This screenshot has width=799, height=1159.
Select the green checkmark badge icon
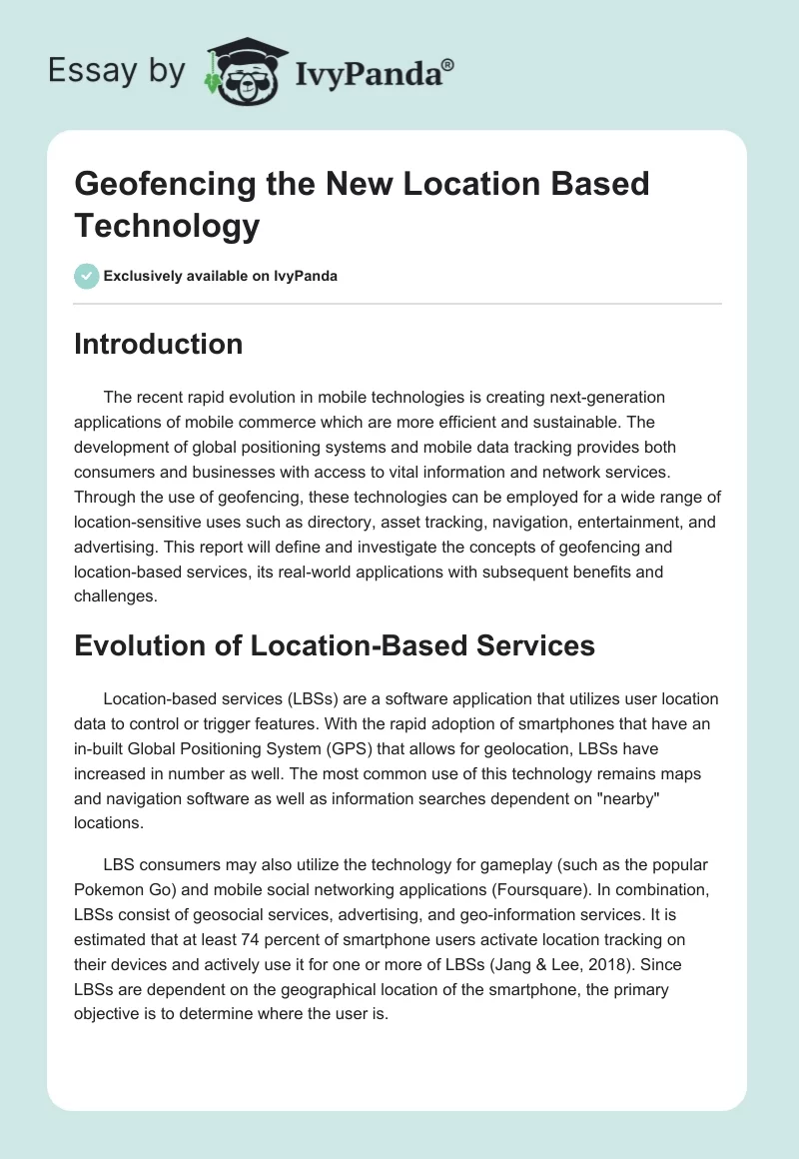87,276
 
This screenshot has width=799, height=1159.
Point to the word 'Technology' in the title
167,226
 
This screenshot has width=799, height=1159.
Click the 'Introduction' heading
159,344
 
